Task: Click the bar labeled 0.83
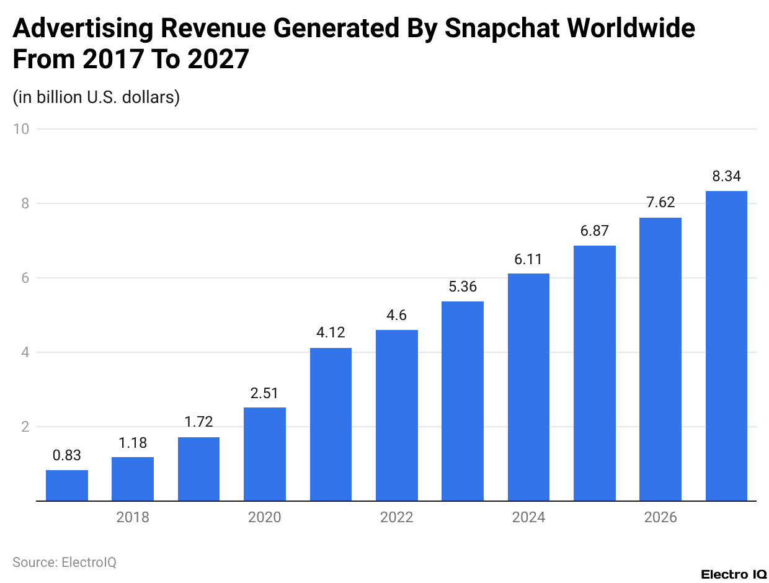click(67, 485)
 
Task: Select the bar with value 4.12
click(331, 424)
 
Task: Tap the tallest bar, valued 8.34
click(726, 345)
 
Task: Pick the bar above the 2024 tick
click(528, 387)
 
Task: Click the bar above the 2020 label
click(265, 454)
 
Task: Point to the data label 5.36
click(463, 288)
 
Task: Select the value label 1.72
click(198, 423)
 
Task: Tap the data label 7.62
click(660, 203)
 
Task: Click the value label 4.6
click(396, 316)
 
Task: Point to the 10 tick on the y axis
click(24, 129)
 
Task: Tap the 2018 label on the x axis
click(133, 517)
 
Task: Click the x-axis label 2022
click(396, 517)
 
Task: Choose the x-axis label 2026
click(660, 517)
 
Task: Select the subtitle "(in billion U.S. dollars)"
click(96, 97)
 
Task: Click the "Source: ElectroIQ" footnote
click(64, 562)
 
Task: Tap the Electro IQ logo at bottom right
click(733, 574)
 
